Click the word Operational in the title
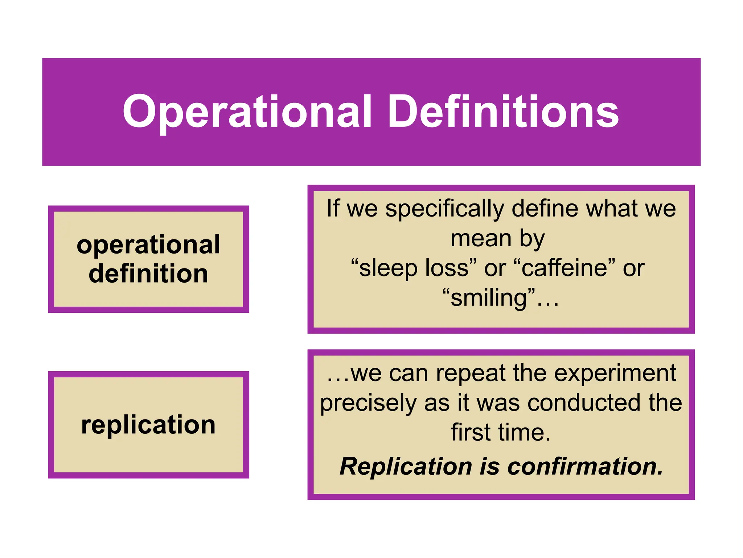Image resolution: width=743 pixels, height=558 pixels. (x=247, y=112)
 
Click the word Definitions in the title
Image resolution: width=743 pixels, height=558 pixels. (x=503, y=112)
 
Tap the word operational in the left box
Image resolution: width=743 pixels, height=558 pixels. (x=148, y=245)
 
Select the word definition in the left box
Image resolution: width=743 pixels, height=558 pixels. (x=148, y=274)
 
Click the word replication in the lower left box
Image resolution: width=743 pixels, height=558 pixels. (x=148, y=425)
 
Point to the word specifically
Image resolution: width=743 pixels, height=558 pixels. (x=445, y=209)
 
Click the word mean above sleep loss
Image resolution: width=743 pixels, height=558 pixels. (x=481, y=239)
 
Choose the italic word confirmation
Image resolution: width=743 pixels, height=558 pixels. (x=585, y=466)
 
